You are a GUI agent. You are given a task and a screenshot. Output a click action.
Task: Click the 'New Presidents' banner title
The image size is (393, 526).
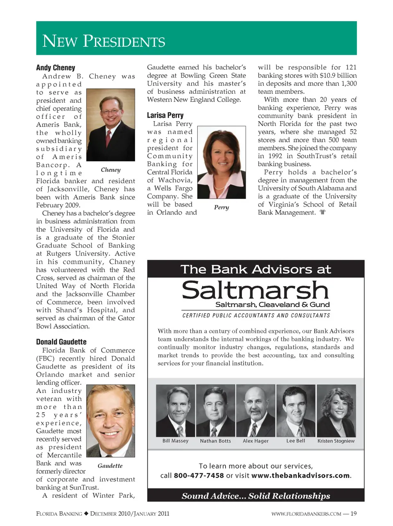104,41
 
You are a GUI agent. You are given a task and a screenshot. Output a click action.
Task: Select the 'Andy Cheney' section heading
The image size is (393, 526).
56,68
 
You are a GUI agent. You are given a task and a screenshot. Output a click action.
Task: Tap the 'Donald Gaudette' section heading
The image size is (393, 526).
61,342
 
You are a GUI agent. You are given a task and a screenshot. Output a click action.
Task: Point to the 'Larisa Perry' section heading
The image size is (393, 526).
165,115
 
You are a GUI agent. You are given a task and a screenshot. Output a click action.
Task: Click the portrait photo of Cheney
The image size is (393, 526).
111,125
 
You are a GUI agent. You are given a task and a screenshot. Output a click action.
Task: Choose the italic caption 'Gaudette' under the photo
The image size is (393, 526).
110,465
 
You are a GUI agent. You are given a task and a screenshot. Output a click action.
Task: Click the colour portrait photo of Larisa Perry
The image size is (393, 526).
221,163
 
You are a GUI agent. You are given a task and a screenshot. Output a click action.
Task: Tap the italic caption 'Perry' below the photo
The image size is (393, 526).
221,207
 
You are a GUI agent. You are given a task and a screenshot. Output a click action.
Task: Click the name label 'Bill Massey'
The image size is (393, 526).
175,441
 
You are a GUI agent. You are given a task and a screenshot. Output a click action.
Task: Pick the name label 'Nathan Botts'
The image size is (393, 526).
215,441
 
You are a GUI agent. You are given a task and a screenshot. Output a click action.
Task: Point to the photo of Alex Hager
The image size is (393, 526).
255,411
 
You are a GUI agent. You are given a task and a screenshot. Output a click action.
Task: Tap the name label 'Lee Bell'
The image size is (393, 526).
296,441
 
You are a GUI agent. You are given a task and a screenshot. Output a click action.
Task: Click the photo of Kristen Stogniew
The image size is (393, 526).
336,411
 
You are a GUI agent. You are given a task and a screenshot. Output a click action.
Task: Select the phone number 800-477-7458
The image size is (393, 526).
199,476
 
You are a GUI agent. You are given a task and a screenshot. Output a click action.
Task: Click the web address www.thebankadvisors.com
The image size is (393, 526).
300,476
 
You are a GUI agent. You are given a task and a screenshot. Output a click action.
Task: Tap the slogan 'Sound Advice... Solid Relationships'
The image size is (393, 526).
256,496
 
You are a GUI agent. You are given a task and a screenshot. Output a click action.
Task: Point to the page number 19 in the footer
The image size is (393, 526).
354,514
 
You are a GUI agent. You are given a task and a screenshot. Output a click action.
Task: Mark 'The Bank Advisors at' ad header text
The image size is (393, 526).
256,269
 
